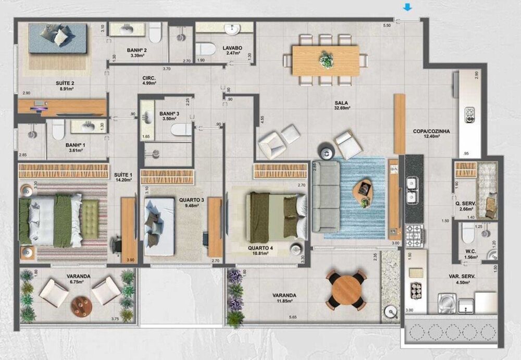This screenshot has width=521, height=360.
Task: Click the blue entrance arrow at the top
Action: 408,7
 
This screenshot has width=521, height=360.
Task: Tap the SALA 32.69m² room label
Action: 342,105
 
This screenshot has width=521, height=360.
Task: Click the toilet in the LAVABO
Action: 207,48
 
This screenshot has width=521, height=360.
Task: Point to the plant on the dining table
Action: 326,59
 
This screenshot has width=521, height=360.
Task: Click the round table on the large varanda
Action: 346,290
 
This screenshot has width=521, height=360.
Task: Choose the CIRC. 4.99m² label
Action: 150,80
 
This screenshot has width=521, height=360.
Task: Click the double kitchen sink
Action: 412,191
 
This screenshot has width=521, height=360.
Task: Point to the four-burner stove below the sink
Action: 414,236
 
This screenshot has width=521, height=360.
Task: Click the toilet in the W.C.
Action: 468,235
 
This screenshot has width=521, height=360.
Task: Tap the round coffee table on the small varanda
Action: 81,306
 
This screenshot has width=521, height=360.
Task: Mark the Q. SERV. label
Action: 463,207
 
